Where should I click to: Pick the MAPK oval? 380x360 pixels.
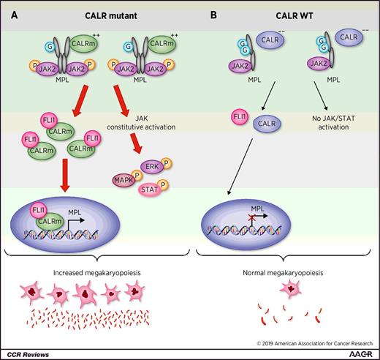tap(123, 178)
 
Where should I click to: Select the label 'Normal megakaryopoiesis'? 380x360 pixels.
tap(283, 272)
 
